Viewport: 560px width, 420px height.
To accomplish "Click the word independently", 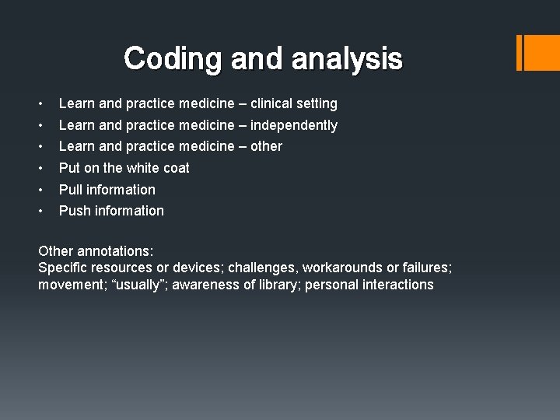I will point(294,125).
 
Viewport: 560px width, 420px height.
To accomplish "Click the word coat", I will point(174,168).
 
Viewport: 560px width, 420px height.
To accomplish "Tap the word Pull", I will point(70,190).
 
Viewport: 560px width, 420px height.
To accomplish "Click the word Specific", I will point(63,268).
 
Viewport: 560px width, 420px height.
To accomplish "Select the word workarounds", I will point(340,268).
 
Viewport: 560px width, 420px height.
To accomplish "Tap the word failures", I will point(425,268).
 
